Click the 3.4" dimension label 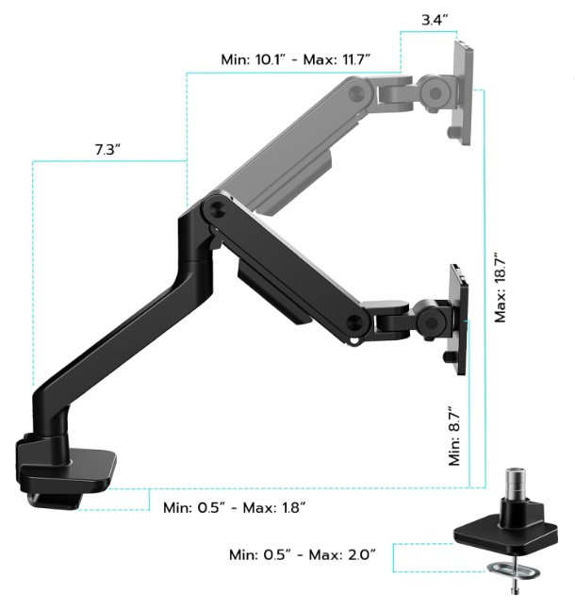(x=435, y=20)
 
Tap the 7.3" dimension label (x=107, y=149)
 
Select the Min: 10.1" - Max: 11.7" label (x=295, y=59)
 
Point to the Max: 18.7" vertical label (x=501, y=288)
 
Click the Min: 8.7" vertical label (x=454, y=436)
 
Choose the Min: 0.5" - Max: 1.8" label (x=234, y=507)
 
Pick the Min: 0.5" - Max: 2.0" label (x=303, y=553)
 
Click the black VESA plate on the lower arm (x=458, y=320)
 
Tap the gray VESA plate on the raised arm (x=463, y=92)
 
